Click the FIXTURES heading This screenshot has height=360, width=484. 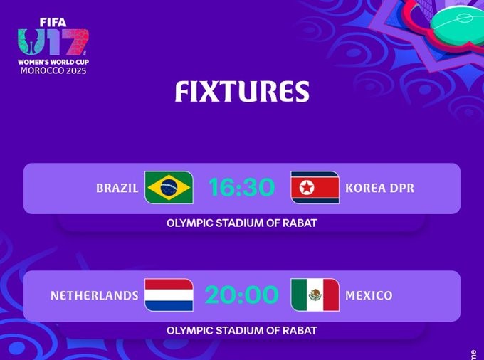242,92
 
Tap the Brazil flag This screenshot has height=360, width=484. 169,188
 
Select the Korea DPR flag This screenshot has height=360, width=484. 315,188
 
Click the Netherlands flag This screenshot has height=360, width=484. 169,295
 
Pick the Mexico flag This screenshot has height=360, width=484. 315,295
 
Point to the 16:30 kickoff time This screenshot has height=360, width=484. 241,188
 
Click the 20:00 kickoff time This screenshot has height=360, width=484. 241,295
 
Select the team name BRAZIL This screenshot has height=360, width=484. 117,189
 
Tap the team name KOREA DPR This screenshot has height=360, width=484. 379,189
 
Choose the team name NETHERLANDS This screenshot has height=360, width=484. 95,295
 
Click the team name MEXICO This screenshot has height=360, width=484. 369,295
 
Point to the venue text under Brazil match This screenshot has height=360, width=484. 242,223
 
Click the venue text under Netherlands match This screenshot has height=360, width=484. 242,330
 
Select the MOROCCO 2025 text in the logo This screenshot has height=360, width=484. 53,71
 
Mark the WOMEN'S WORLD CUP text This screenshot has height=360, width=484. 53,63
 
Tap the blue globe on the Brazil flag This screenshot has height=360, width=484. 169,188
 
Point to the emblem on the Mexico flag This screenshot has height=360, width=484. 315,295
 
